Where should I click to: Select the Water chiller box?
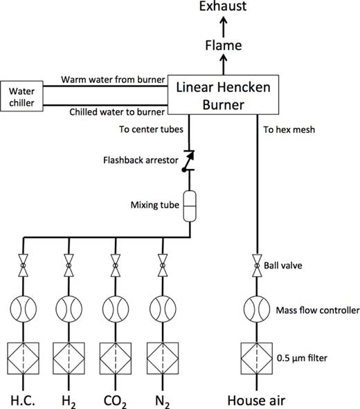click(21, 96)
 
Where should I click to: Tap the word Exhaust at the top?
click(223, 8)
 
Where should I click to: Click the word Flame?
click(223, 46)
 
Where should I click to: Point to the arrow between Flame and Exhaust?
click(223, 28)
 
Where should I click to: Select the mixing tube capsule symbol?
click(189, 207)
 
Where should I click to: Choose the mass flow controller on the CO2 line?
click(116, 307)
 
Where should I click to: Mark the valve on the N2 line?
click(163, 264)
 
